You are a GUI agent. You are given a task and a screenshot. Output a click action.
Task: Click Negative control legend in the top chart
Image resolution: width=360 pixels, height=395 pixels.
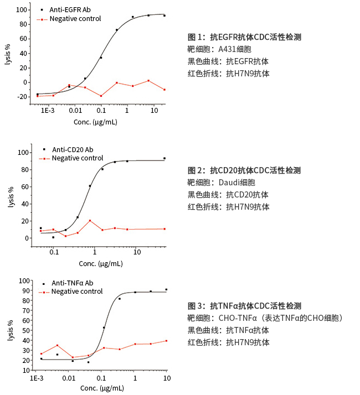75,19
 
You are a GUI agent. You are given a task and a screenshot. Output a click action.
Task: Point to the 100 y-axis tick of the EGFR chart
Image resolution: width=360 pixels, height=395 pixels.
21,10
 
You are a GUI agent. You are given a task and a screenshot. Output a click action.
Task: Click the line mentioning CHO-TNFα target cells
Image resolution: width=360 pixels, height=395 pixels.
265,318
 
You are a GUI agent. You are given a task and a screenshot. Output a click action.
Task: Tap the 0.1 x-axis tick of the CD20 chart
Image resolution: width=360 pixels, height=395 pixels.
54,253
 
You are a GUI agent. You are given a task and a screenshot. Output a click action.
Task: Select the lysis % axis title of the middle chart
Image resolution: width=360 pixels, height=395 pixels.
10,197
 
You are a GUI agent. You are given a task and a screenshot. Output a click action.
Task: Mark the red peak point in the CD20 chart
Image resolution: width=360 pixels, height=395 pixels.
90,221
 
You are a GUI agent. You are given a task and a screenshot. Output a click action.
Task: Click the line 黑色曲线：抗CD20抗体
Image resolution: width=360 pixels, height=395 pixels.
228,195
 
